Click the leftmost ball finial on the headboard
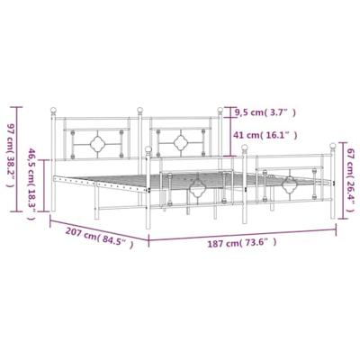point(52,112)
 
